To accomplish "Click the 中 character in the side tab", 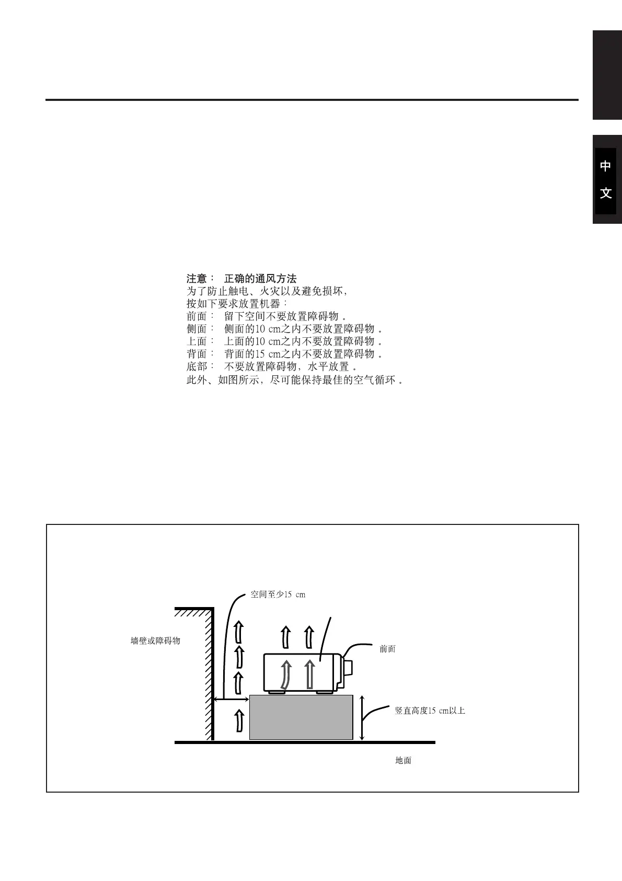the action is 605,166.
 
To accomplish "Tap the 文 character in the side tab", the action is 605,193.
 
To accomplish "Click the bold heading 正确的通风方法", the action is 260,279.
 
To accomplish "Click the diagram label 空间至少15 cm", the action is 278,594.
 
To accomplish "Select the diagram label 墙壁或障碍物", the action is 155,640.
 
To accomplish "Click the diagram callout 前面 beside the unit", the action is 387,649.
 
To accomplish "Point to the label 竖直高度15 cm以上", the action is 430,711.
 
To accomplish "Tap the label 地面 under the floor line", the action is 403,761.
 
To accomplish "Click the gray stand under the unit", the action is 301,717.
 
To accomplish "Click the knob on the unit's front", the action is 348,668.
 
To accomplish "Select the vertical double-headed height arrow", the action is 362,718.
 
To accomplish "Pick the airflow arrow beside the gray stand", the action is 239,721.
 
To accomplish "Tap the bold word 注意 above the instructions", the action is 197,279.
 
